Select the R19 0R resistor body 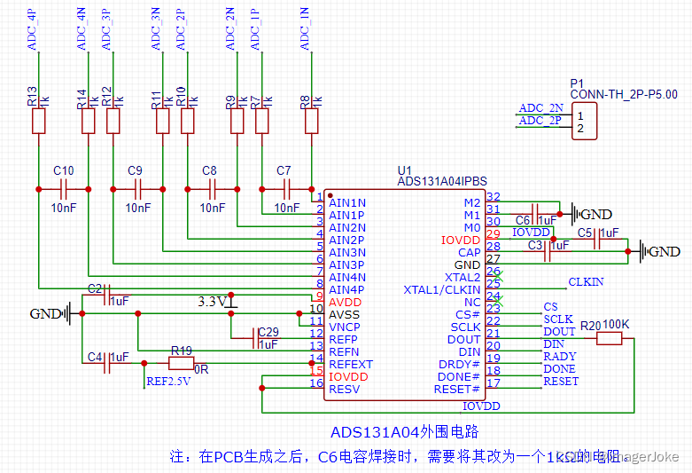[x=181, y=363]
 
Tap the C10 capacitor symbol [x=63, y=189]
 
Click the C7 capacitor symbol [x=286, y=189]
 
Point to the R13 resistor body [x=38, y=122]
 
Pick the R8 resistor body [x=311, y=122]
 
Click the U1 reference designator [x=405, y=170]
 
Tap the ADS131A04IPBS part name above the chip [x=442, y=181]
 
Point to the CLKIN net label [x=586, y=282]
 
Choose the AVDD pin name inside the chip [x=345, y=302]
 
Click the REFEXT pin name [x=351, y=364]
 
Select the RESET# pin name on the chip [x=457, y=389]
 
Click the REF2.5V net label [x=168, y=383]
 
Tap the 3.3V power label [x=212, y=302]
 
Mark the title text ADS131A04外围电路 [x=404, y=432]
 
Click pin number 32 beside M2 [x=494, y=197]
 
